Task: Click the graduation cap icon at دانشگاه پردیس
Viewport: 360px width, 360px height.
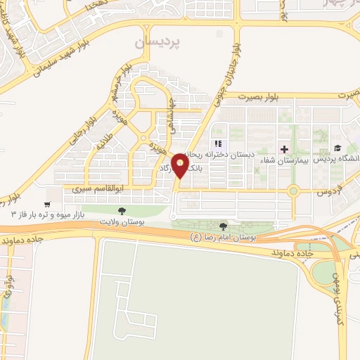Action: click(337, 148)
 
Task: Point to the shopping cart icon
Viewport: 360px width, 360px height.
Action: click(47, 201)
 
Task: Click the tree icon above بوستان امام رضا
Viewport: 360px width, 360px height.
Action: click(224, 226)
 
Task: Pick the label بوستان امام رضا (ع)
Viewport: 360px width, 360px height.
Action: click(224, 238)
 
